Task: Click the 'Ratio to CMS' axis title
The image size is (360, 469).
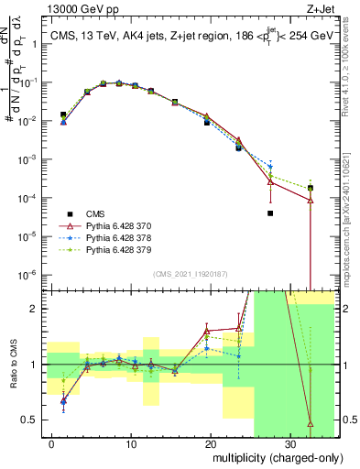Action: coord(13,365)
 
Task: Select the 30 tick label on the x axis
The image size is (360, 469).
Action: coord(289,444)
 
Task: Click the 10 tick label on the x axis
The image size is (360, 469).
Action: coord(132,444)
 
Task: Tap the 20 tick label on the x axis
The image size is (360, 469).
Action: coord(211,444)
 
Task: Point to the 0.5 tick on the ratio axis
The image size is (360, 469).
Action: coord(31,420)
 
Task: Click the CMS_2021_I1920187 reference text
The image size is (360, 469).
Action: coord(182,272)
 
